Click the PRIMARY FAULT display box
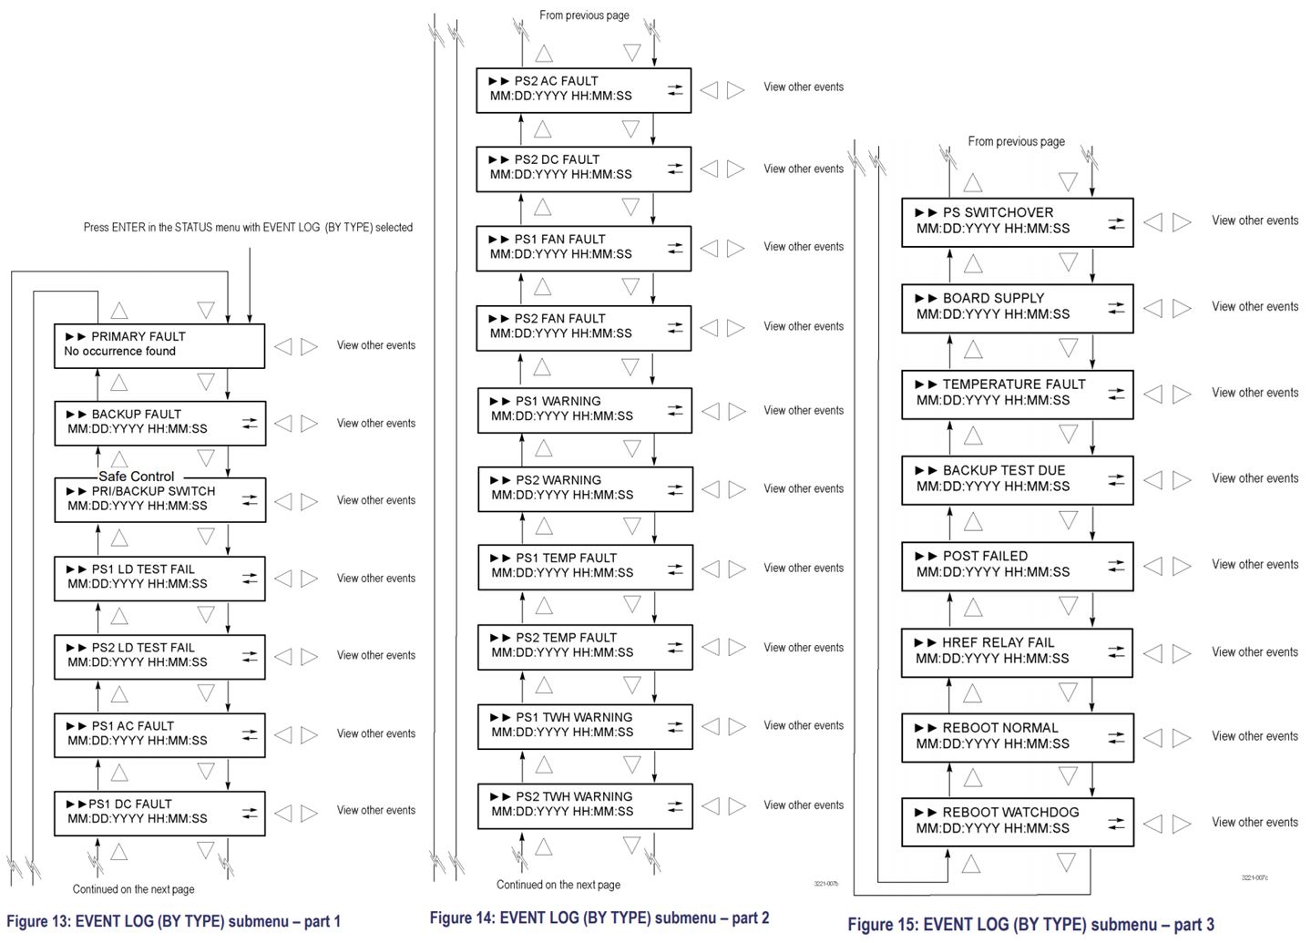tap(159, 345)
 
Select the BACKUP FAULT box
tap(159, 423)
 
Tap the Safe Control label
tap(137, 476)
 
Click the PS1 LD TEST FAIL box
tap(159, 578)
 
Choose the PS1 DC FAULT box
tap(159, 813)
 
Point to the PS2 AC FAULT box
tap(583, 89)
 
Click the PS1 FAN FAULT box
tap(583, 248)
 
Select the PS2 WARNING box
tap(585, 488)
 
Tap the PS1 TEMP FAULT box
tap(585, 567)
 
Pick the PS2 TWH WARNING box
tap(585, 805)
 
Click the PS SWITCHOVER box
tap(1017, 221)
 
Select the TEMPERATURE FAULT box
tap(1017, 394)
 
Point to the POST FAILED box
tap(1017, 565)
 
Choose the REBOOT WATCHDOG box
tap(1017, 822)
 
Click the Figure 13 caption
tap(173, 921)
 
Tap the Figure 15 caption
tap(1030, 925)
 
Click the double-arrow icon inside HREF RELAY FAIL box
tap(1116, 651)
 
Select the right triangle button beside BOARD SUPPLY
tap(1182, 308)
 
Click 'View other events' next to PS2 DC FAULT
tap(803, 169)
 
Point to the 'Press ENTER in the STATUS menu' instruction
tap(248, 227)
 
